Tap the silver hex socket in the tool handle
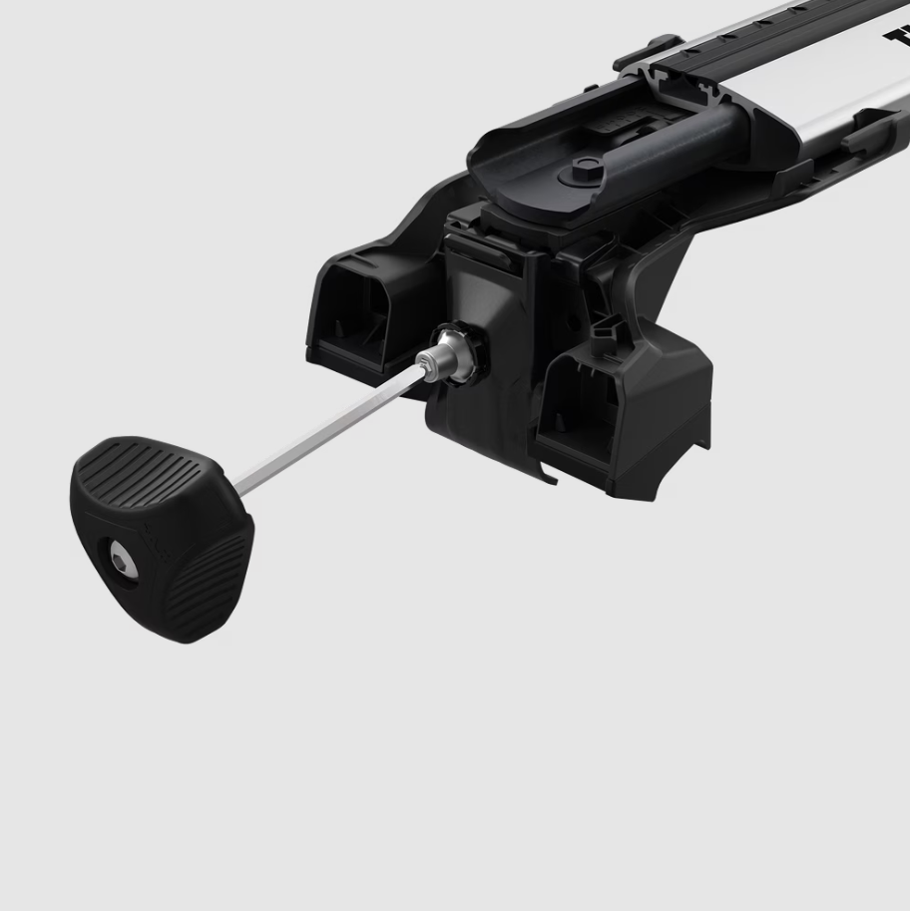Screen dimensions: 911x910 (x=123, y=563)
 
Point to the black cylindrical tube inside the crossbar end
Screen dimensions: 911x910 (x=688, y=140)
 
